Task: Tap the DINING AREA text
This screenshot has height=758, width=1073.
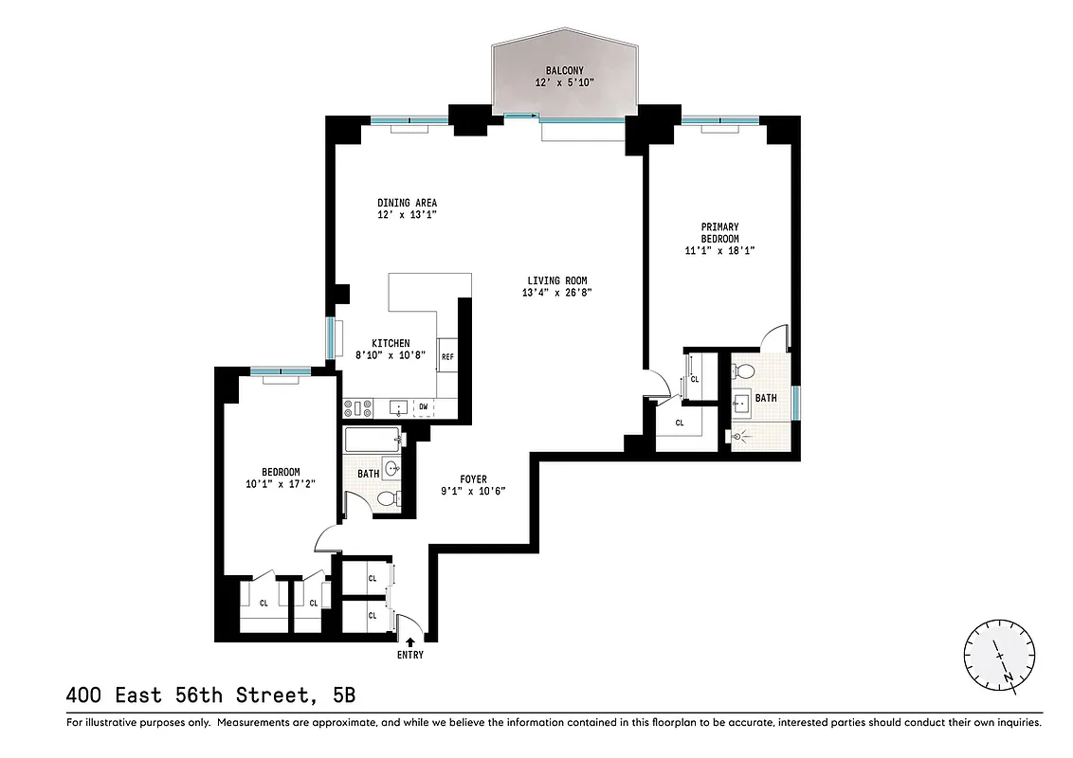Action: point(407,203)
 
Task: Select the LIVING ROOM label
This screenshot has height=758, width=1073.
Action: point(557,280)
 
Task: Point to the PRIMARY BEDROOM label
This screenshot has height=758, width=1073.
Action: point(719,232)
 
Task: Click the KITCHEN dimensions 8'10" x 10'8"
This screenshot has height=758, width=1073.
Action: point(391,356)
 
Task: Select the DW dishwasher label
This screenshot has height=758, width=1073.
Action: point(424,407)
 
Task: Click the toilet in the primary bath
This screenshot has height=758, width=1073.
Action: point(745,370)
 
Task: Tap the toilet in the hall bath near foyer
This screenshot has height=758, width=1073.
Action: point(387,499)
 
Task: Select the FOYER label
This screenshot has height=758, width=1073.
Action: point(473,479)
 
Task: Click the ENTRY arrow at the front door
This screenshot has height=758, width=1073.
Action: point(409,642)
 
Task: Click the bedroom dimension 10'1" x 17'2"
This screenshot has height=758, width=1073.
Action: point(281,484)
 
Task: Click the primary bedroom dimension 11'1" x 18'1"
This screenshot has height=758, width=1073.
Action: point(719,250)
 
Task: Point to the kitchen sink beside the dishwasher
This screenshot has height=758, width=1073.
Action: point(399,408)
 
